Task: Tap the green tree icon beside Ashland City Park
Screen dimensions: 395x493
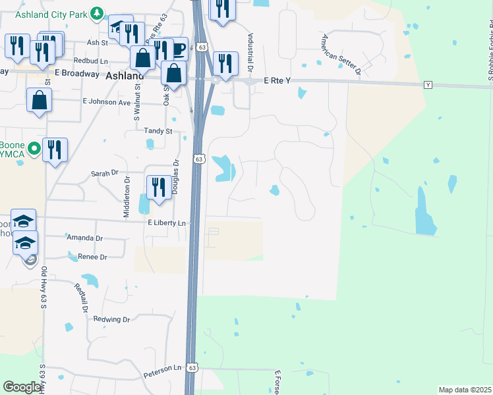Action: click(97, 13)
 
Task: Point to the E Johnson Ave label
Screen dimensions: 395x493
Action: click(107, 102)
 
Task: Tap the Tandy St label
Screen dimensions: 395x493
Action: click(158, 131)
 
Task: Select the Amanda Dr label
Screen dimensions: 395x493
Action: click(84, 238)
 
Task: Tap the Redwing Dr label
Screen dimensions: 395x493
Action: click(112, 319)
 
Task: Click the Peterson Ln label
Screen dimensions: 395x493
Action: click(158, 368)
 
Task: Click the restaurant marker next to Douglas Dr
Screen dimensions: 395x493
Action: click(158, 186)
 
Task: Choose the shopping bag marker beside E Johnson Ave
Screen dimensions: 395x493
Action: click(40, 100)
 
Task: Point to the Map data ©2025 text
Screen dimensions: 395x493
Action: click(465, 390)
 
